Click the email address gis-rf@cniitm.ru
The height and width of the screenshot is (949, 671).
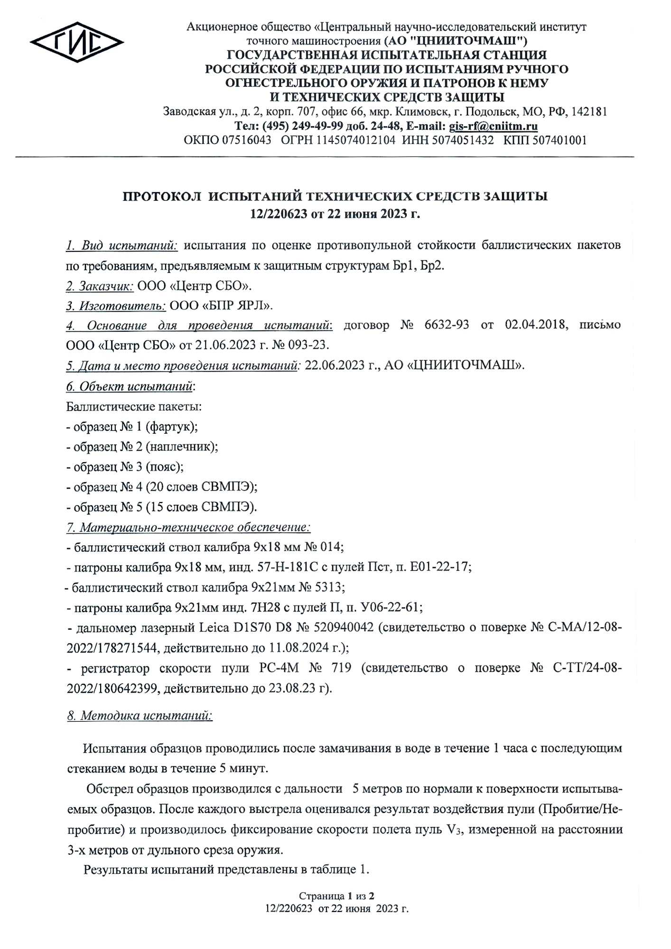(493, 126)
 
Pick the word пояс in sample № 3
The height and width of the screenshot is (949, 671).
(164, 467)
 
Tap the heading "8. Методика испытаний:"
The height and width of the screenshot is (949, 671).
(140, 716)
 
